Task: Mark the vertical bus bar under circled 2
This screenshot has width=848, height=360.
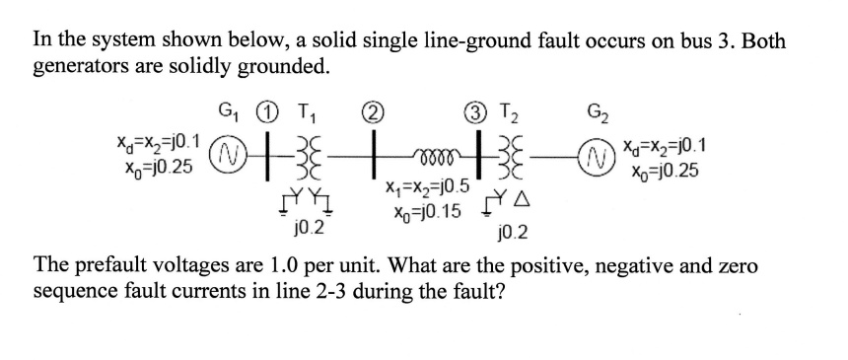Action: coord(378,153)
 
